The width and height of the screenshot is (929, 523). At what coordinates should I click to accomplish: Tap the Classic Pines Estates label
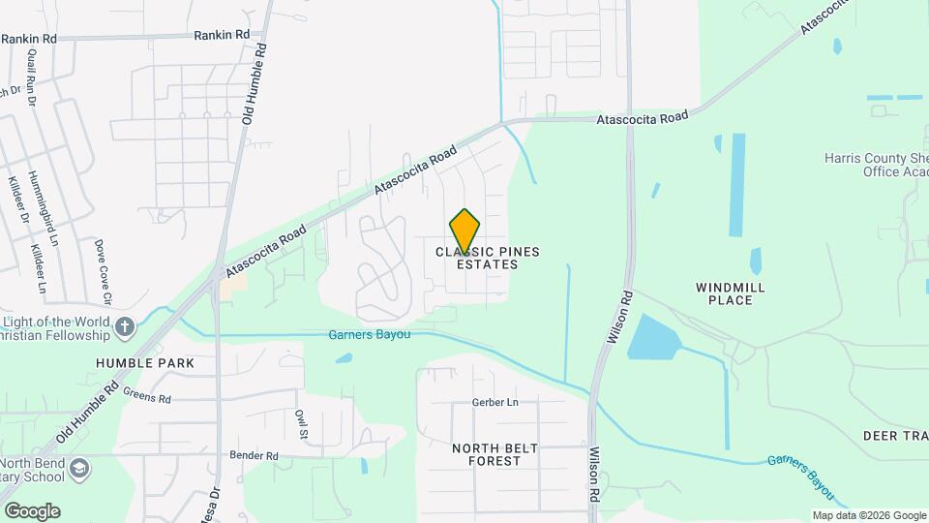[487, 258]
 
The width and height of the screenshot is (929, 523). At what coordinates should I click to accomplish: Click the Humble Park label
[145, 363]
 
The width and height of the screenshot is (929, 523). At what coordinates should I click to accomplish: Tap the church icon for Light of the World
[125, 327]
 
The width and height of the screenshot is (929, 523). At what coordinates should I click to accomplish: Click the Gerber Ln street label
[495, 403]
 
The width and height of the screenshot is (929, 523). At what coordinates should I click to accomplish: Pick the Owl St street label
[301, 423]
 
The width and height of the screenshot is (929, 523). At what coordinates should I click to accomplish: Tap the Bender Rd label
[254, 455]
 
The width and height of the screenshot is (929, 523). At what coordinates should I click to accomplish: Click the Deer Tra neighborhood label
[895, 436]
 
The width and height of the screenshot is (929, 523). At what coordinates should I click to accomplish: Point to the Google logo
[32, 511]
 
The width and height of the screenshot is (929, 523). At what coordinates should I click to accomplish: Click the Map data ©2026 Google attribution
[868, 515]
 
